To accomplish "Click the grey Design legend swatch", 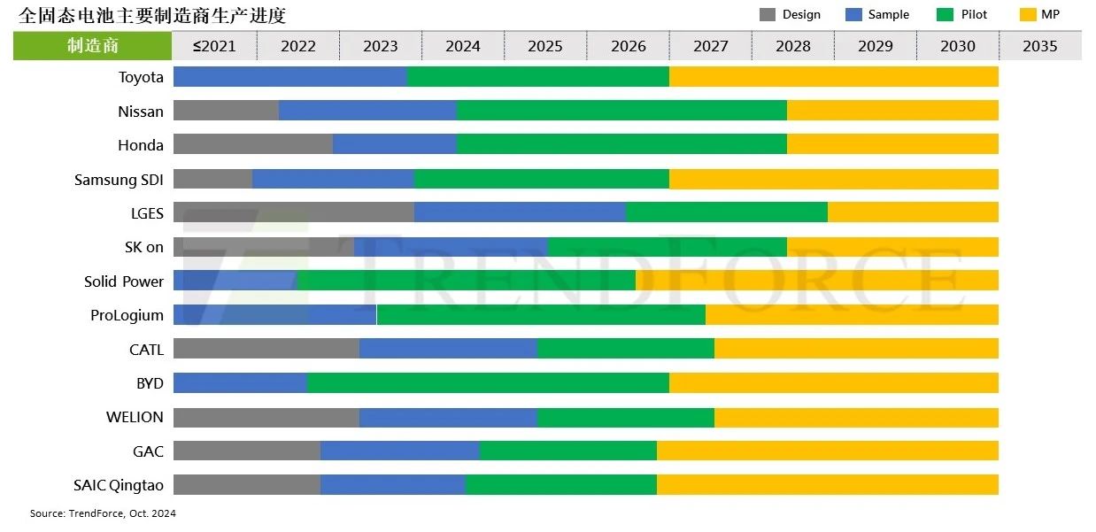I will (767, 15).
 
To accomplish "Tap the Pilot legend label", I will (974, 15).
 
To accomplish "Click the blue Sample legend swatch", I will (853, 15).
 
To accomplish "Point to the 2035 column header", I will (1039, 46).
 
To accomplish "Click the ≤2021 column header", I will (214, 46).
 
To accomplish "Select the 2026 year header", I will (628, 46).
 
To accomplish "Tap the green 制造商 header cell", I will (92, 46).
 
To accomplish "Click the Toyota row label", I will (141, 77).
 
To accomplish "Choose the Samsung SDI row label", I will (119, 180).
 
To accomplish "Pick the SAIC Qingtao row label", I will (119, 485).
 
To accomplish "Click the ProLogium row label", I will (127, 315).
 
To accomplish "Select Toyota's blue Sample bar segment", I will (289, 77).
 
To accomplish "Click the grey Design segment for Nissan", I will (226, 111).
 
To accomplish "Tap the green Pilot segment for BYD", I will (487, 383).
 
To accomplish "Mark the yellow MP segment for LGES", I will (912, 212).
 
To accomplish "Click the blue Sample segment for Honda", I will (394, 144).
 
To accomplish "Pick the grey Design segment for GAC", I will (246, 451).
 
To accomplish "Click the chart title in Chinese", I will (152, 15).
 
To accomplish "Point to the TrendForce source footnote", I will (103, 513).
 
